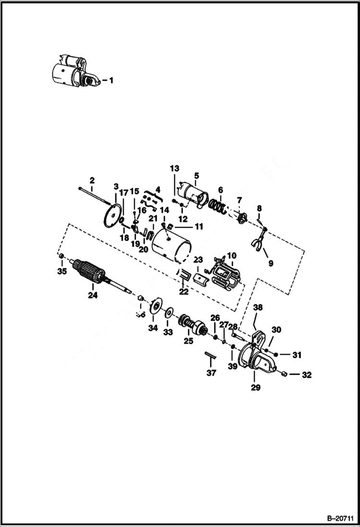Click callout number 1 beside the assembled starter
[111, 81]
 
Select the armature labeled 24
[91, 274]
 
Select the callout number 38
[258, 306]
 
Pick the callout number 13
[174, 169]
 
